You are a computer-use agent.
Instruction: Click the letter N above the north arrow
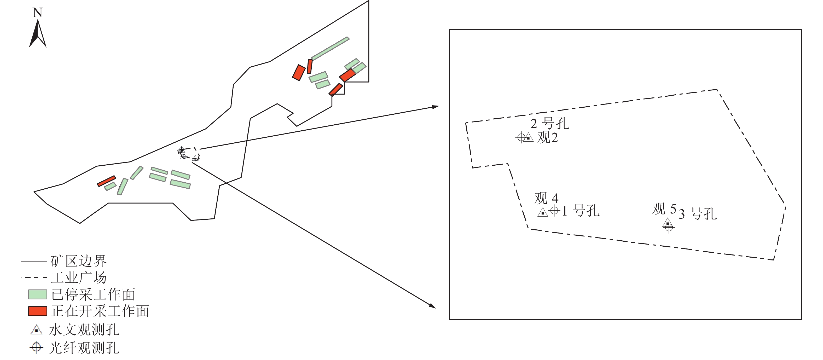(38, 13)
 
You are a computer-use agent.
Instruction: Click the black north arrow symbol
(38, 33)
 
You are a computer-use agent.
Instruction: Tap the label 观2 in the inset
(548, 138)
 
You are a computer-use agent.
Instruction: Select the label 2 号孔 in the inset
(549, 124)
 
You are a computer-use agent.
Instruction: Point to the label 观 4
(546, 198)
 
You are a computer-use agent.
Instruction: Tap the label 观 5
(664, 209)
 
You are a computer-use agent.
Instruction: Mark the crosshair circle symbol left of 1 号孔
(554, 211)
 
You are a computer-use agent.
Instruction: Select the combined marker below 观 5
(668, 225)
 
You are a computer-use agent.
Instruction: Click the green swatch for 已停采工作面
(38, 294)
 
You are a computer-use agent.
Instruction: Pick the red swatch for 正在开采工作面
(38, 311)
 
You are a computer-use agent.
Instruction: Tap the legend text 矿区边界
(79, 261)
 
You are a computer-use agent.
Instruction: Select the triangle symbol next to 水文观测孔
(36, 330)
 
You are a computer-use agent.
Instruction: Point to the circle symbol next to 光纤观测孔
(36, 347)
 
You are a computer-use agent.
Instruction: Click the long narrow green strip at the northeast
(330, 49)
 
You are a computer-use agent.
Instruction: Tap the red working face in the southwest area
(106, 181)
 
